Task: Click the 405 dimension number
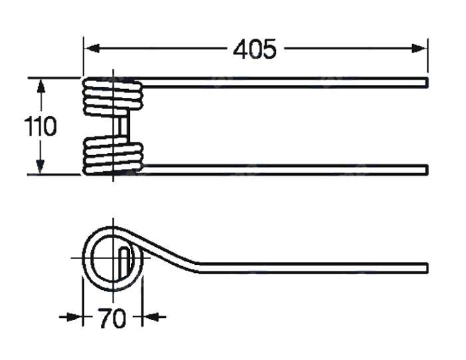255,49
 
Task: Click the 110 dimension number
40,126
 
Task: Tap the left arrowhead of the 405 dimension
91,49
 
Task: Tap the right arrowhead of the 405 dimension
419,49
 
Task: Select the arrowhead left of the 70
73,317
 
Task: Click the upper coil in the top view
113,96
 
